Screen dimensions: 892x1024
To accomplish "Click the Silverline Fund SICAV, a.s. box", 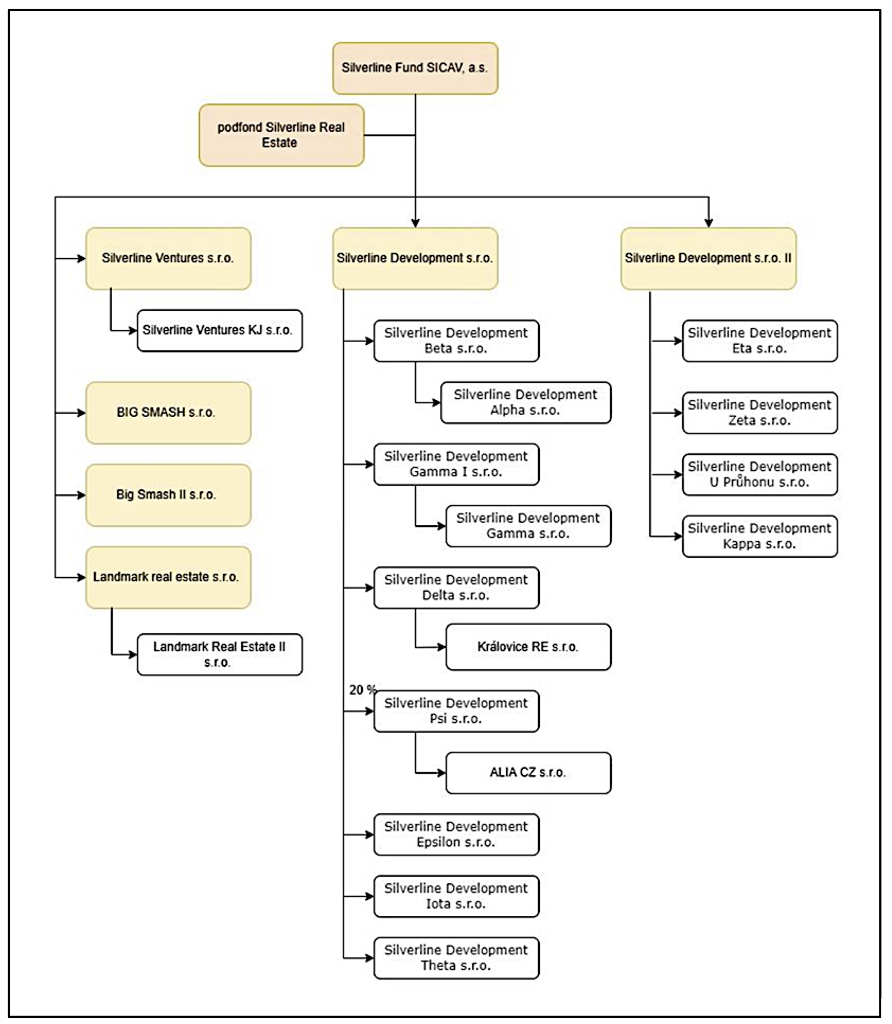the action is tap(415, 68).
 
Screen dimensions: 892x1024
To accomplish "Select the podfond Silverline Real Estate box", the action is tap(281, 135).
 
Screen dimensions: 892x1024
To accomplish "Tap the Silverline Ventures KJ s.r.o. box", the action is tap(220, 330).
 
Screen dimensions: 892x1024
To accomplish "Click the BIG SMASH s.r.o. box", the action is tap(168, 413).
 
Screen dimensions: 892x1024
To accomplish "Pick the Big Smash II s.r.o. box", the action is tap(168, 495).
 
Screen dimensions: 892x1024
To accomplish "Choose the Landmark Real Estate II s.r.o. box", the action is tap(220, 654).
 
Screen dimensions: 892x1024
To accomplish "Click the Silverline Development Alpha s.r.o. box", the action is tap(526, 403).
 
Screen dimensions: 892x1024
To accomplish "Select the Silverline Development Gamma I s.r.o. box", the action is tap(457, 464).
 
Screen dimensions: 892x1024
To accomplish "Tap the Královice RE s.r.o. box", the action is tap(529, 647).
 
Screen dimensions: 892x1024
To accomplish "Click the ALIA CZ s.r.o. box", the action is tap(529, 772).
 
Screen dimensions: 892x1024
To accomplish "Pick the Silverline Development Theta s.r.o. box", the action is tap(457, 958).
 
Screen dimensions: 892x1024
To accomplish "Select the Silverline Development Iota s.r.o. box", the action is tap(457, 896).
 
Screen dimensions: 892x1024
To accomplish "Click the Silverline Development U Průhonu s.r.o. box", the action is tap(760, 475).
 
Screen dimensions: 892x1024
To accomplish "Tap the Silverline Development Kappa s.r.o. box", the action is tap(760, 537).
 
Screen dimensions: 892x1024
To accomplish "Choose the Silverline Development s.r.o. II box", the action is tap(708, 258).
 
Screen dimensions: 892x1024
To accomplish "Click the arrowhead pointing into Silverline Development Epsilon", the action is tap(370, 834).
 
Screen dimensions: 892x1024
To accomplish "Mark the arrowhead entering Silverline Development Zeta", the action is tap(678, 413).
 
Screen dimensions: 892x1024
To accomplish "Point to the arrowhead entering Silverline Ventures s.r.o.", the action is tap(81, 258).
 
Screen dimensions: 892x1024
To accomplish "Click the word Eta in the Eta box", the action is tap(742, 349).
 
